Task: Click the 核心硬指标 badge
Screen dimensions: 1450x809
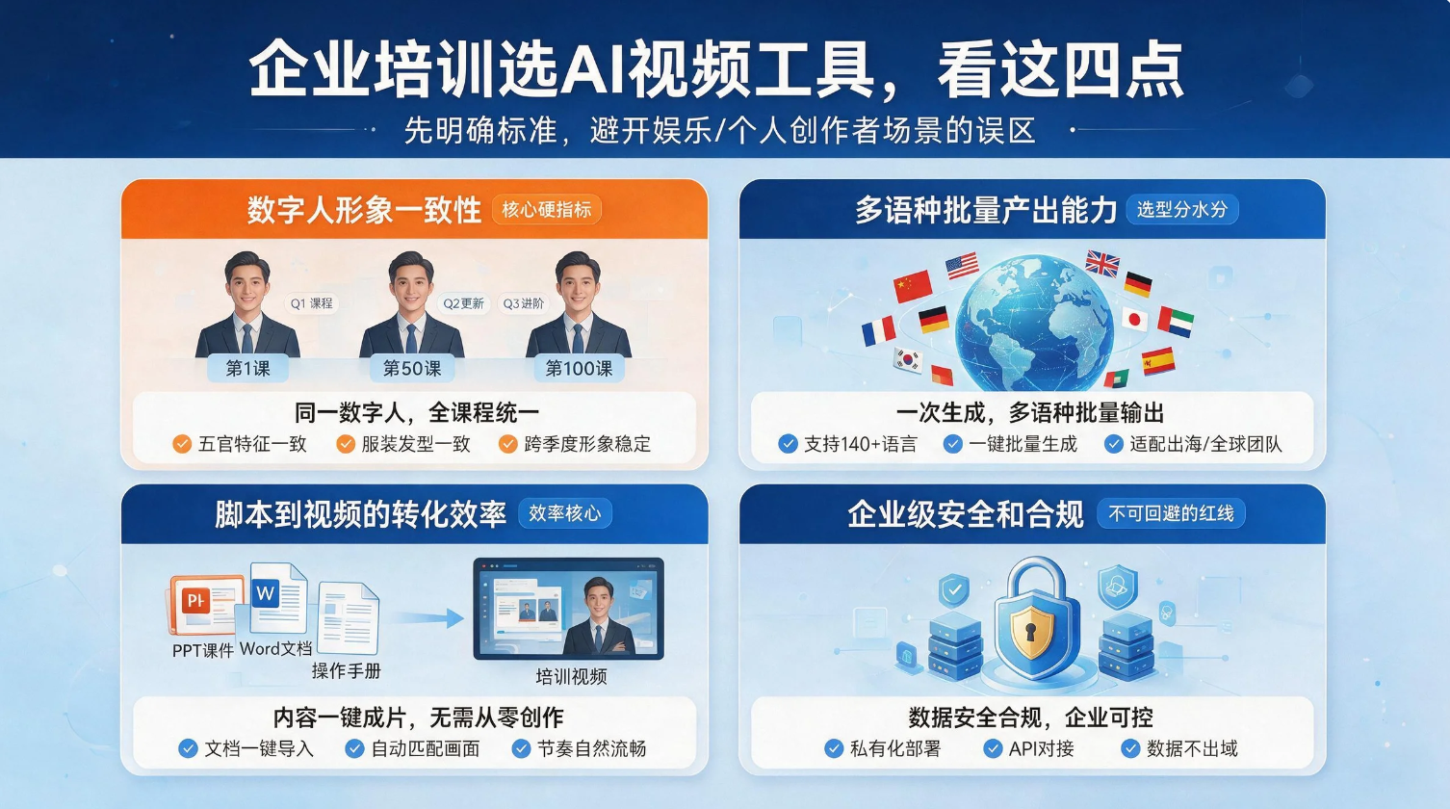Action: [x=546, y=210]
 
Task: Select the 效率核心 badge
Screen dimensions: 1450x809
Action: [x=564, y=513]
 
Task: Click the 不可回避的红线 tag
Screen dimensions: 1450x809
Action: [x=1171, y=513]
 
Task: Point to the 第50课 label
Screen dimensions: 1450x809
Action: [x=412, y=369]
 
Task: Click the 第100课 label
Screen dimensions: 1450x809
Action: [x=579, y=369]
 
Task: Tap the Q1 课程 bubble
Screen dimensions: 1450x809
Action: [x=311, y=303]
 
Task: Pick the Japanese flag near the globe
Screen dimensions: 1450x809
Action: [x=1134, y=320]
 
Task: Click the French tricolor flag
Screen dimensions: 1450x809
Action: [x=878, y=331]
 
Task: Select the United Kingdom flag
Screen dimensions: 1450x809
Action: [x=1102, y=264]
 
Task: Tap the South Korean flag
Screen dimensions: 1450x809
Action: [x=908, y=360]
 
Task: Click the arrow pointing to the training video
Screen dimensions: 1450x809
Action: [x=427, y=618]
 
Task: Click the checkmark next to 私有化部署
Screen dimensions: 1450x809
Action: [x=834, y=748]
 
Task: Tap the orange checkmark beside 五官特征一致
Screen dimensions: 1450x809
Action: [x=182, y=444]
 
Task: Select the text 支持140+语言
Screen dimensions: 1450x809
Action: [x=861, y=444]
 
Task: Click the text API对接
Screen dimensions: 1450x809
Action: [x=1041, y=748]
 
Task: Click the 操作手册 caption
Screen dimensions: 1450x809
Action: [x=347, y=671]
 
